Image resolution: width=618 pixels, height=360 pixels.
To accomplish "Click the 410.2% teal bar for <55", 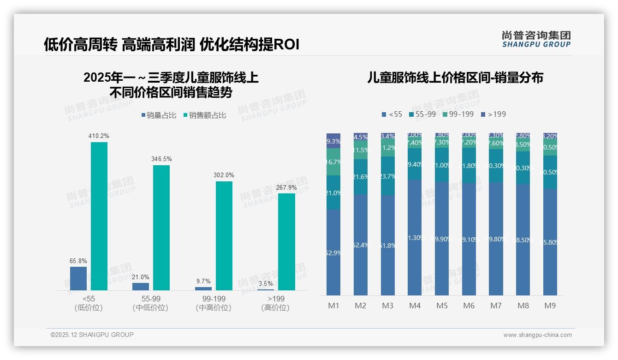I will (x=99, y=216).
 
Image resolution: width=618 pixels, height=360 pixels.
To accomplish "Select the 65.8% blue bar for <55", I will (x=78, y=278).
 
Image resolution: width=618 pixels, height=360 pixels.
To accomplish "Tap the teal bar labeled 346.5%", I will (x=161, y=228).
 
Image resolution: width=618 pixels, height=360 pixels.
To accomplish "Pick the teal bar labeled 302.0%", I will (x=224, y=235).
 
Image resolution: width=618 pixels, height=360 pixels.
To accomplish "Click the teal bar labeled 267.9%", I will (x=286, y=241).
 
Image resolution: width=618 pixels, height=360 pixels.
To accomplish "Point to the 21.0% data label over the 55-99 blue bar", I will (x=141, y=277).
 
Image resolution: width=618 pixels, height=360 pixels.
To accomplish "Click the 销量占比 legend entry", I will (x=159, y=115).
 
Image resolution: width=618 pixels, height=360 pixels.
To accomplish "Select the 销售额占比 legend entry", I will (x=204, y=115).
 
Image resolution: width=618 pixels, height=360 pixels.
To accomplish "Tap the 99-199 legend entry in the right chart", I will (x=458, y=114).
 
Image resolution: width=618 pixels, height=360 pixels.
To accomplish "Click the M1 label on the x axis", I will (x=333, y=306).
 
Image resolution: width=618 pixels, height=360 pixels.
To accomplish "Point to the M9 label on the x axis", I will (x=550, y=306).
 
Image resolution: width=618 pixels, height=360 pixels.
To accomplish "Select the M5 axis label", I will (x=442, y=306).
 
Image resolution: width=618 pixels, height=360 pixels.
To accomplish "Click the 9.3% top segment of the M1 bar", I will (x=333, y=141).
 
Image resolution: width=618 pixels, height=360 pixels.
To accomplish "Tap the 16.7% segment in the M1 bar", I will (x=333, y=162).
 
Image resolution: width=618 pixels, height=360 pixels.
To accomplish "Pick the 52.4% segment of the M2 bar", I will (x=361, y=245).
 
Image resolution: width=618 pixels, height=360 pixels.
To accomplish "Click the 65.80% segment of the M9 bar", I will (x=550, y=242).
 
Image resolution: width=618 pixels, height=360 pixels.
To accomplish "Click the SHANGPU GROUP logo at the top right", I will (x=536, y=39).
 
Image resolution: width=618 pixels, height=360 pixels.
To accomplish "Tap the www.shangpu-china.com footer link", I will (x=537, y=335).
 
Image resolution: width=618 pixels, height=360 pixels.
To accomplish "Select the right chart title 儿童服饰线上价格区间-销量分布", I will (x=455, y=78).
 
